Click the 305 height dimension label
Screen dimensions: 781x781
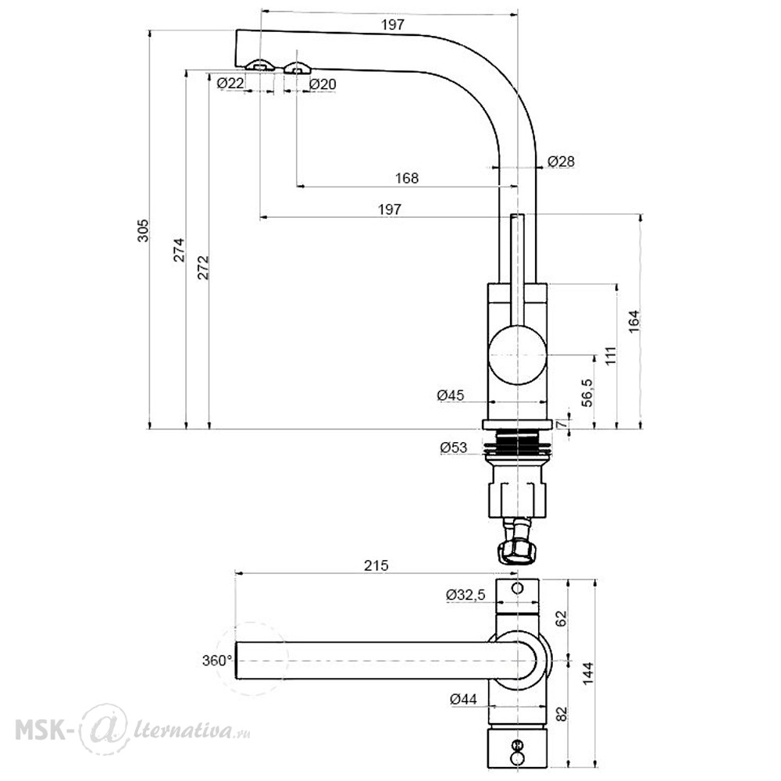tap(144, 230)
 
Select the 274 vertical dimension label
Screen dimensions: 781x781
tap(180, 250)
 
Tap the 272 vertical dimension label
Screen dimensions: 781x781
tap(204, 267)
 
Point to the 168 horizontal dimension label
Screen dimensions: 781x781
tap(407, 178)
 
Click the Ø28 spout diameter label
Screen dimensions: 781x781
tap(561, 162)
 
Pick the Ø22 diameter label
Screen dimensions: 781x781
tap(230, 84)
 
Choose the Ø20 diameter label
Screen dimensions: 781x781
tap(323, 84)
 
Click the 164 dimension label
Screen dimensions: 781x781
tap(633, 322)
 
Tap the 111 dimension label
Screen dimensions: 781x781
tap(611, 356)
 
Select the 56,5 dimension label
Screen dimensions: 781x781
tap(588, 393)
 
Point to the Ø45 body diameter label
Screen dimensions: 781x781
tap(451, 395)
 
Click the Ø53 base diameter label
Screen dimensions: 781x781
tap(454, 448)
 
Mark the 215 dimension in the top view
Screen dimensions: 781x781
tap(376, 565)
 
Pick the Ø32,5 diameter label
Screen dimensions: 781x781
tap(465, 594)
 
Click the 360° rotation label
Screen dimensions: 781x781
tap(217, 661)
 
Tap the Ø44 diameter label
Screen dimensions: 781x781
tap(463, 699)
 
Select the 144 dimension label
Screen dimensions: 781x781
tap(588, 673)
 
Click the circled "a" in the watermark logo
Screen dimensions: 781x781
tap(103, 730)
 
